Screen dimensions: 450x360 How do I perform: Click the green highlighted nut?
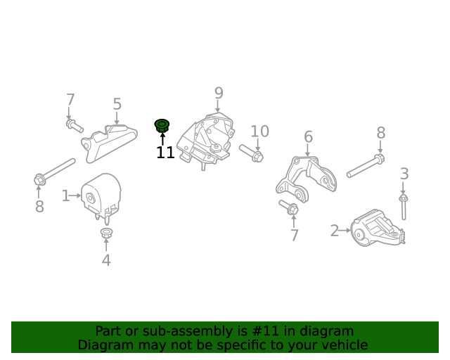[162, 126]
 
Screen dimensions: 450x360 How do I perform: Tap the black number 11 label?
[166, 153]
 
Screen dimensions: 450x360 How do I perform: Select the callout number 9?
[219, 93]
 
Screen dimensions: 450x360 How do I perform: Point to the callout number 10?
[260, 131]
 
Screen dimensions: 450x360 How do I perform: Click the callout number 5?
[117, 104]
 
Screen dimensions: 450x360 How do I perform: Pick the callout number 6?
[308, 136]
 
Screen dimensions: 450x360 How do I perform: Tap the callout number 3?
[404, 174]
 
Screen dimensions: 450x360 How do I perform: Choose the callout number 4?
[106, 260]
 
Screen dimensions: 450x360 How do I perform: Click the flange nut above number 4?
[106, 232]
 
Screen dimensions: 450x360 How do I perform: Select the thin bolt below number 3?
[403, 207]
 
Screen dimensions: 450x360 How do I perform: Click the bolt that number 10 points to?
[252, 153]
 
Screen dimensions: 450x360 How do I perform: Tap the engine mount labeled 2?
[377, 229]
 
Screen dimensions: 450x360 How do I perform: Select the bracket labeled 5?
[110, 143]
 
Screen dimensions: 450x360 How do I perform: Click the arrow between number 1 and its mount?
[75, 195]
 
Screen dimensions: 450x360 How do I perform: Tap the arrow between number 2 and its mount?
[345, 230]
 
